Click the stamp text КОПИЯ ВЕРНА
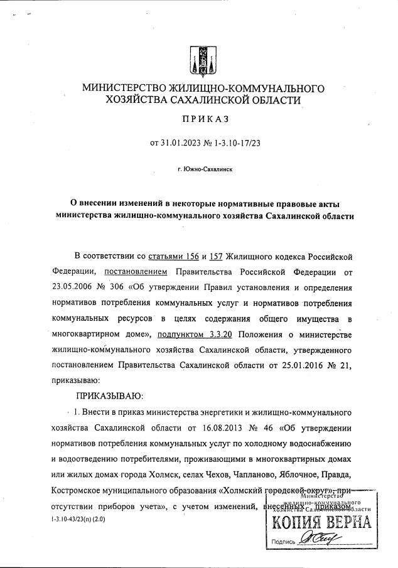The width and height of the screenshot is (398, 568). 321,523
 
